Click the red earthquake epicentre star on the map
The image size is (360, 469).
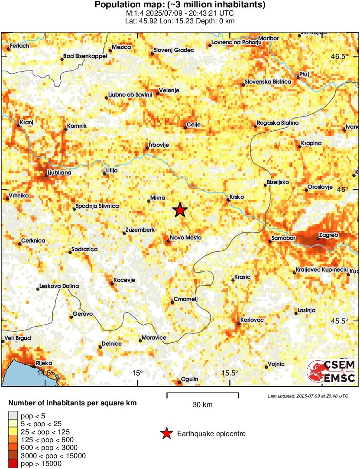tap(180, 210)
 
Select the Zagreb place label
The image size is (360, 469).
tap(328, 235)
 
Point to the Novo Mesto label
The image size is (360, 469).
tap(185, 238)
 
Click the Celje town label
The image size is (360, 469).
tap(192, 125)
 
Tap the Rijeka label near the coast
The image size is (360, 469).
tap(44, 363)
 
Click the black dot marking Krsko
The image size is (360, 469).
tap(228, 200)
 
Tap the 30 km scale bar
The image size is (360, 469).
tap(202, 394)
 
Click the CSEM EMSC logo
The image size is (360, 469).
tap(331, 371)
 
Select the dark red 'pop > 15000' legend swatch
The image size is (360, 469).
tap(13, 464)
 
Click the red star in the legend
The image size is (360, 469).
tap(165, 433)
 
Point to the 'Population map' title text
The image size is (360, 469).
tap(180, 5)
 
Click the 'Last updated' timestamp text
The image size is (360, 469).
tap(308, 396)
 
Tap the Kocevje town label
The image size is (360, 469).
tap(124, 280)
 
